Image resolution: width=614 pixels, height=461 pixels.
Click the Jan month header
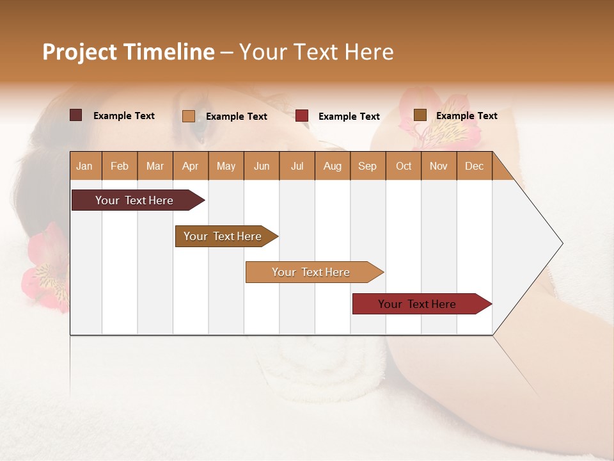tap(84, 166)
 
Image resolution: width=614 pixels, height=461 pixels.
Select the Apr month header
tap(190, 166)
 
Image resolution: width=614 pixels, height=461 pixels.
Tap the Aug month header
tap(332, 166)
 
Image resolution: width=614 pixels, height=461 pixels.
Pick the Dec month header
tap(474, 166)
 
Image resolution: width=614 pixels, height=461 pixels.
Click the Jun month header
tap(261, 166)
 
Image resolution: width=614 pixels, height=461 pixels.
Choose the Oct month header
tap(403, 166)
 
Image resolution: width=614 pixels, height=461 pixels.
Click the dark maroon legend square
tap(76, 115)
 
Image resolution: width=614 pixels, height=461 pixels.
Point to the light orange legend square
tap(188, 116)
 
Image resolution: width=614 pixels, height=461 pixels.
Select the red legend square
tap(302, 116)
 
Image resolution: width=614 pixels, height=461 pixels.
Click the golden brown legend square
tap(420, 115)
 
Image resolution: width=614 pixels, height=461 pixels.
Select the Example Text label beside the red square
tap(349, 117)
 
